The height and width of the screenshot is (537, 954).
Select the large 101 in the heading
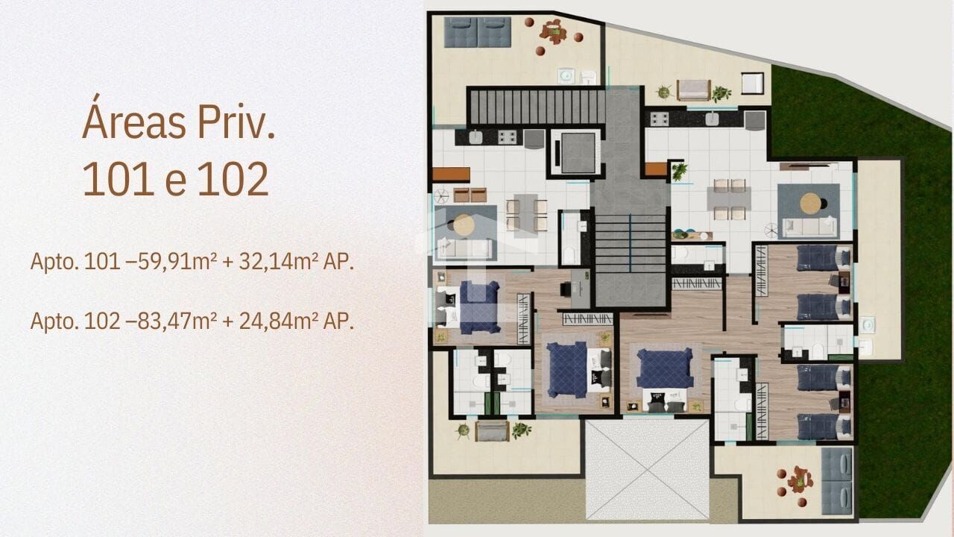118,179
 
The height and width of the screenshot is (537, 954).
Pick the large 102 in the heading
233,179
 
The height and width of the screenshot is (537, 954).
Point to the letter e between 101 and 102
175,184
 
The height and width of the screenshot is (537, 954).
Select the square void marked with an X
648,469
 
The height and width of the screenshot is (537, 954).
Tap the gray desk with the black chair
575,289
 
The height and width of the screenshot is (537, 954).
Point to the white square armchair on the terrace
753,83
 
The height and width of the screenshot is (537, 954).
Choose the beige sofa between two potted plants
693,90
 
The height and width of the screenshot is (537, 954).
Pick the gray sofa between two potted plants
492,431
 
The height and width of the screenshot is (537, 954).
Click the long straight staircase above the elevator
537,107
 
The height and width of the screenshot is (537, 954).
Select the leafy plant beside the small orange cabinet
678,172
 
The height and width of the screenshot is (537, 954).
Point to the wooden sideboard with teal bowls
692,235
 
